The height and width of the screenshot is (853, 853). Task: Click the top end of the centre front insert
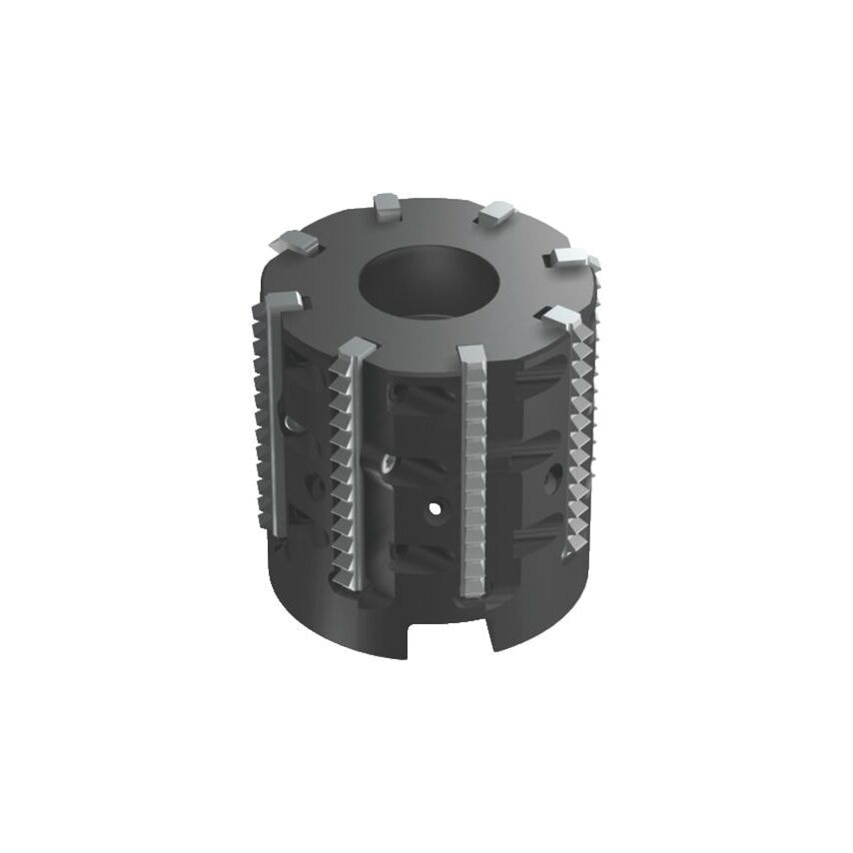pos(471,356)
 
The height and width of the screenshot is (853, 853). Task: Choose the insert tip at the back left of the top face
pos(295,241)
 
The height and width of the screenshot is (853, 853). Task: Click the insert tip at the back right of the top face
pos(494,213)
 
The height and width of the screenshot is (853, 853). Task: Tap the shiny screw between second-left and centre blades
pos(387,463)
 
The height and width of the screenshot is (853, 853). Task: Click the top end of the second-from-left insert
pos(357,349)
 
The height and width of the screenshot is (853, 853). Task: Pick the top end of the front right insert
pos(563,318)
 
